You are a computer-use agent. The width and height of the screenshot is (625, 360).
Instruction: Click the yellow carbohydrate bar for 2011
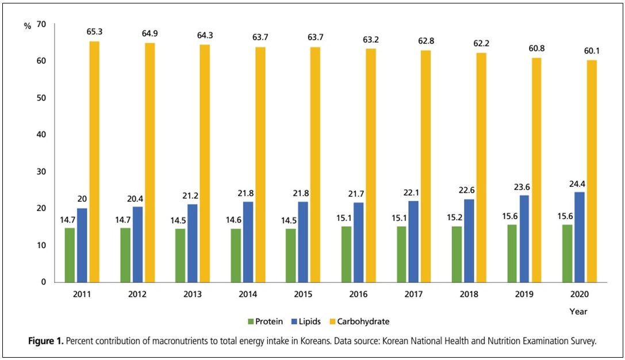pyautogui.click(x=94, y=162)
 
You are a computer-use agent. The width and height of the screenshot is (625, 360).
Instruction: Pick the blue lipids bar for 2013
pyautogui.click(x=193, y=243)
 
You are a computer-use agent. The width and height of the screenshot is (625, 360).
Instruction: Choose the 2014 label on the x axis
pyautogui.click(x=247, y=294)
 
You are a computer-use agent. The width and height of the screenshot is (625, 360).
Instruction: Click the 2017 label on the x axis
pyautogui.click(x=414, y=294)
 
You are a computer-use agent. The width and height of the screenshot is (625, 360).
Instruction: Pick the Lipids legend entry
pyautogui.click(x=311, y=321)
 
